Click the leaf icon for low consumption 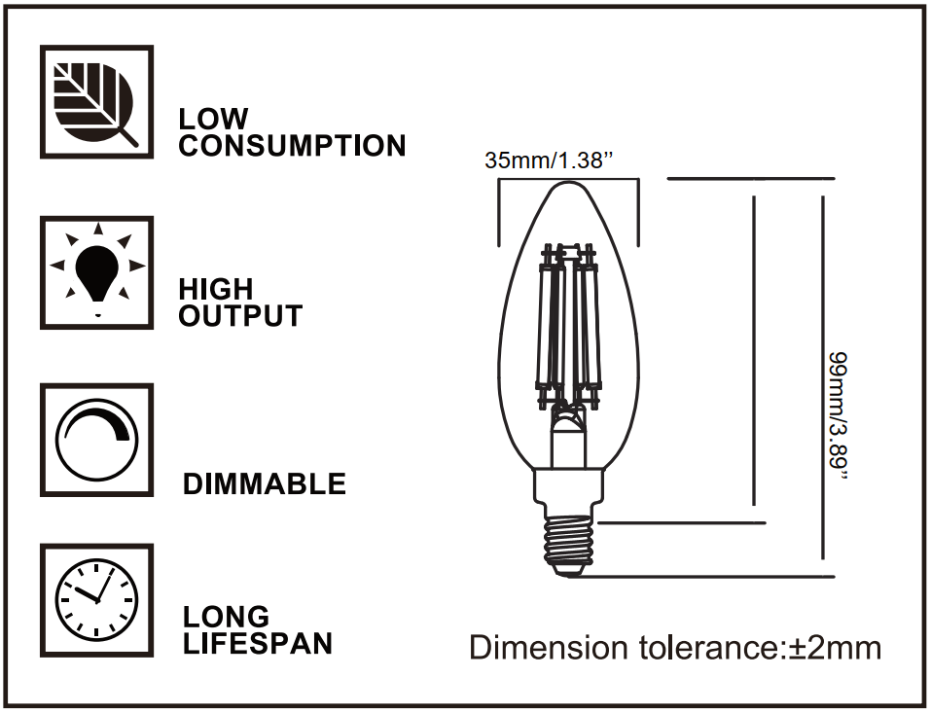96,101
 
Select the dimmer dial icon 96,440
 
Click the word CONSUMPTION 293,146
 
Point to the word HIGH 215,289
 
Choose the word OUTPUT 240,316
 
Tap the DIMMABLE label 265,483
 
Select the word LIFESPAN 258,643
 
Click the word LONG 227,617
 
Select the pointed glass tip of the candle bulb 568,189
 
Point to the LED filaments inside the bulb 568,326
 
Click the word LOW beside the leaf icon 213,119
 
